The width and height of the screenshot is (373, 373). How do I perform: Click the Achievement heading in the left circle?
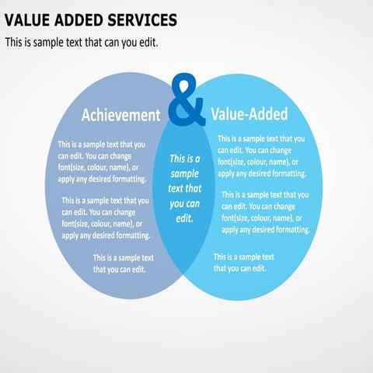(120, 115)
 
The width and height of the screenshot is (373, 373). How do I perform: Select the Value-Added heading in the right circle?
(249, 114)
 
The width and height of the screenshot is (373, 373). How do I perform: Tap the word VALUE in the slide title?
(29, 19)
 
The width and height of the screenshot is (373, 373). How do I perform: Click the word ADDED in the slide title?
(83, 19)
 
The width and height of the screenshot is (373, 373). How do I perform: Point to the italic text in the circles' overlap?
(185, 188)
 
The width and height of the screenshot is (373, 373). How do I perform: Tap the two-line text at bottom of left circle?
(124, 263)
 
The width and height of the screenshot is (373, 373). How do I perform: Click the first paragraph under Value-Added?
(261, 156)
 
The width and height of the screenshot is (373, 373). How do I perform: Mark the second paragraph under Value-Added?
(266, 212)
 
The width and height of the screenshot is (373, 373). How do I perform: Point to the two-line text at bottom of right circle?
(244, 262)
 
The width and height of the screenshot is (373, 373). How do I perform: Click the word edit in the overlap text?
(184, 218)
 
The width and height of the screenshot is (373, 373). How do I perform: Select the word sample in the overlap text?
(185, 173)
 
